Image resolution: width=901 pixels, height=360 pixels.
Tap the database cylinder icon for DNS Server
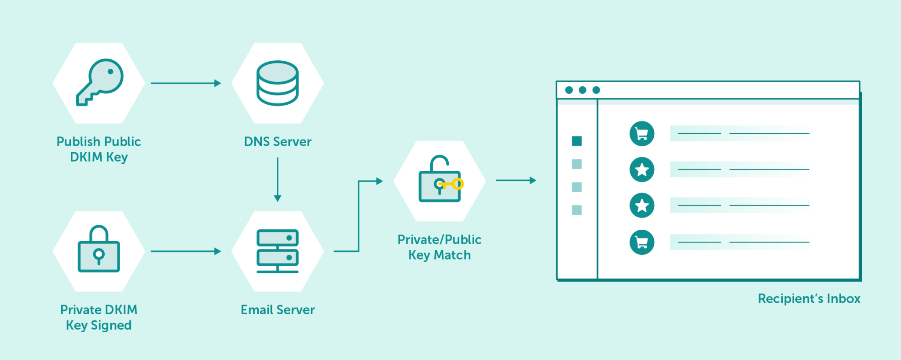278,83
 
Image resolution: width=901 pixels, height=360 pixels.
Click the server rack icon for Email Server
278,251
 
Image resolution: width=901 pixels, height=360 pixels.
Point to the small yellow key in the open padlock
453,184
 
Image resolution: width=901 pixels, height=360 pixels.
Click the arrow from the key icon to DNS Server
186,83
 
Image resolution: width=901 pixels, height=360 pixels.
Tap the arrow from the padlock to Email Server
186,251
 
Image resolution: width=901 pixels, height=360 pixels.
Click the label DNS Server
278,142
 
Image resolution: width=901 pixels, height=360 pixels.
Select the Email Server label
278,310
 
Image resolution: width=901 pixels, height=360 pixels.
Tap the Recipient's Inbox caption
809,298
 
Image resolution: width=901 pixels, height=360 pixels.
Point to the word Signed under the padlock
111,326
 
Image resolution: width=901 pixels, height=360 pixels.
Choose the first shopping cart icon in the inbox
642,133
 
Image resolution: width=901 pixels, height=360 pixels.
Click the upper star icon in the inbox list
642,169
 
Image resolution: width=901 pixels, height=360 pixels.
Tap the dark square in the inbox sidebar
577,141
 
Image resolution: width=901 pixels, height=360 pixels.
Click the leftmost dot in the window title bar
569,90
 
